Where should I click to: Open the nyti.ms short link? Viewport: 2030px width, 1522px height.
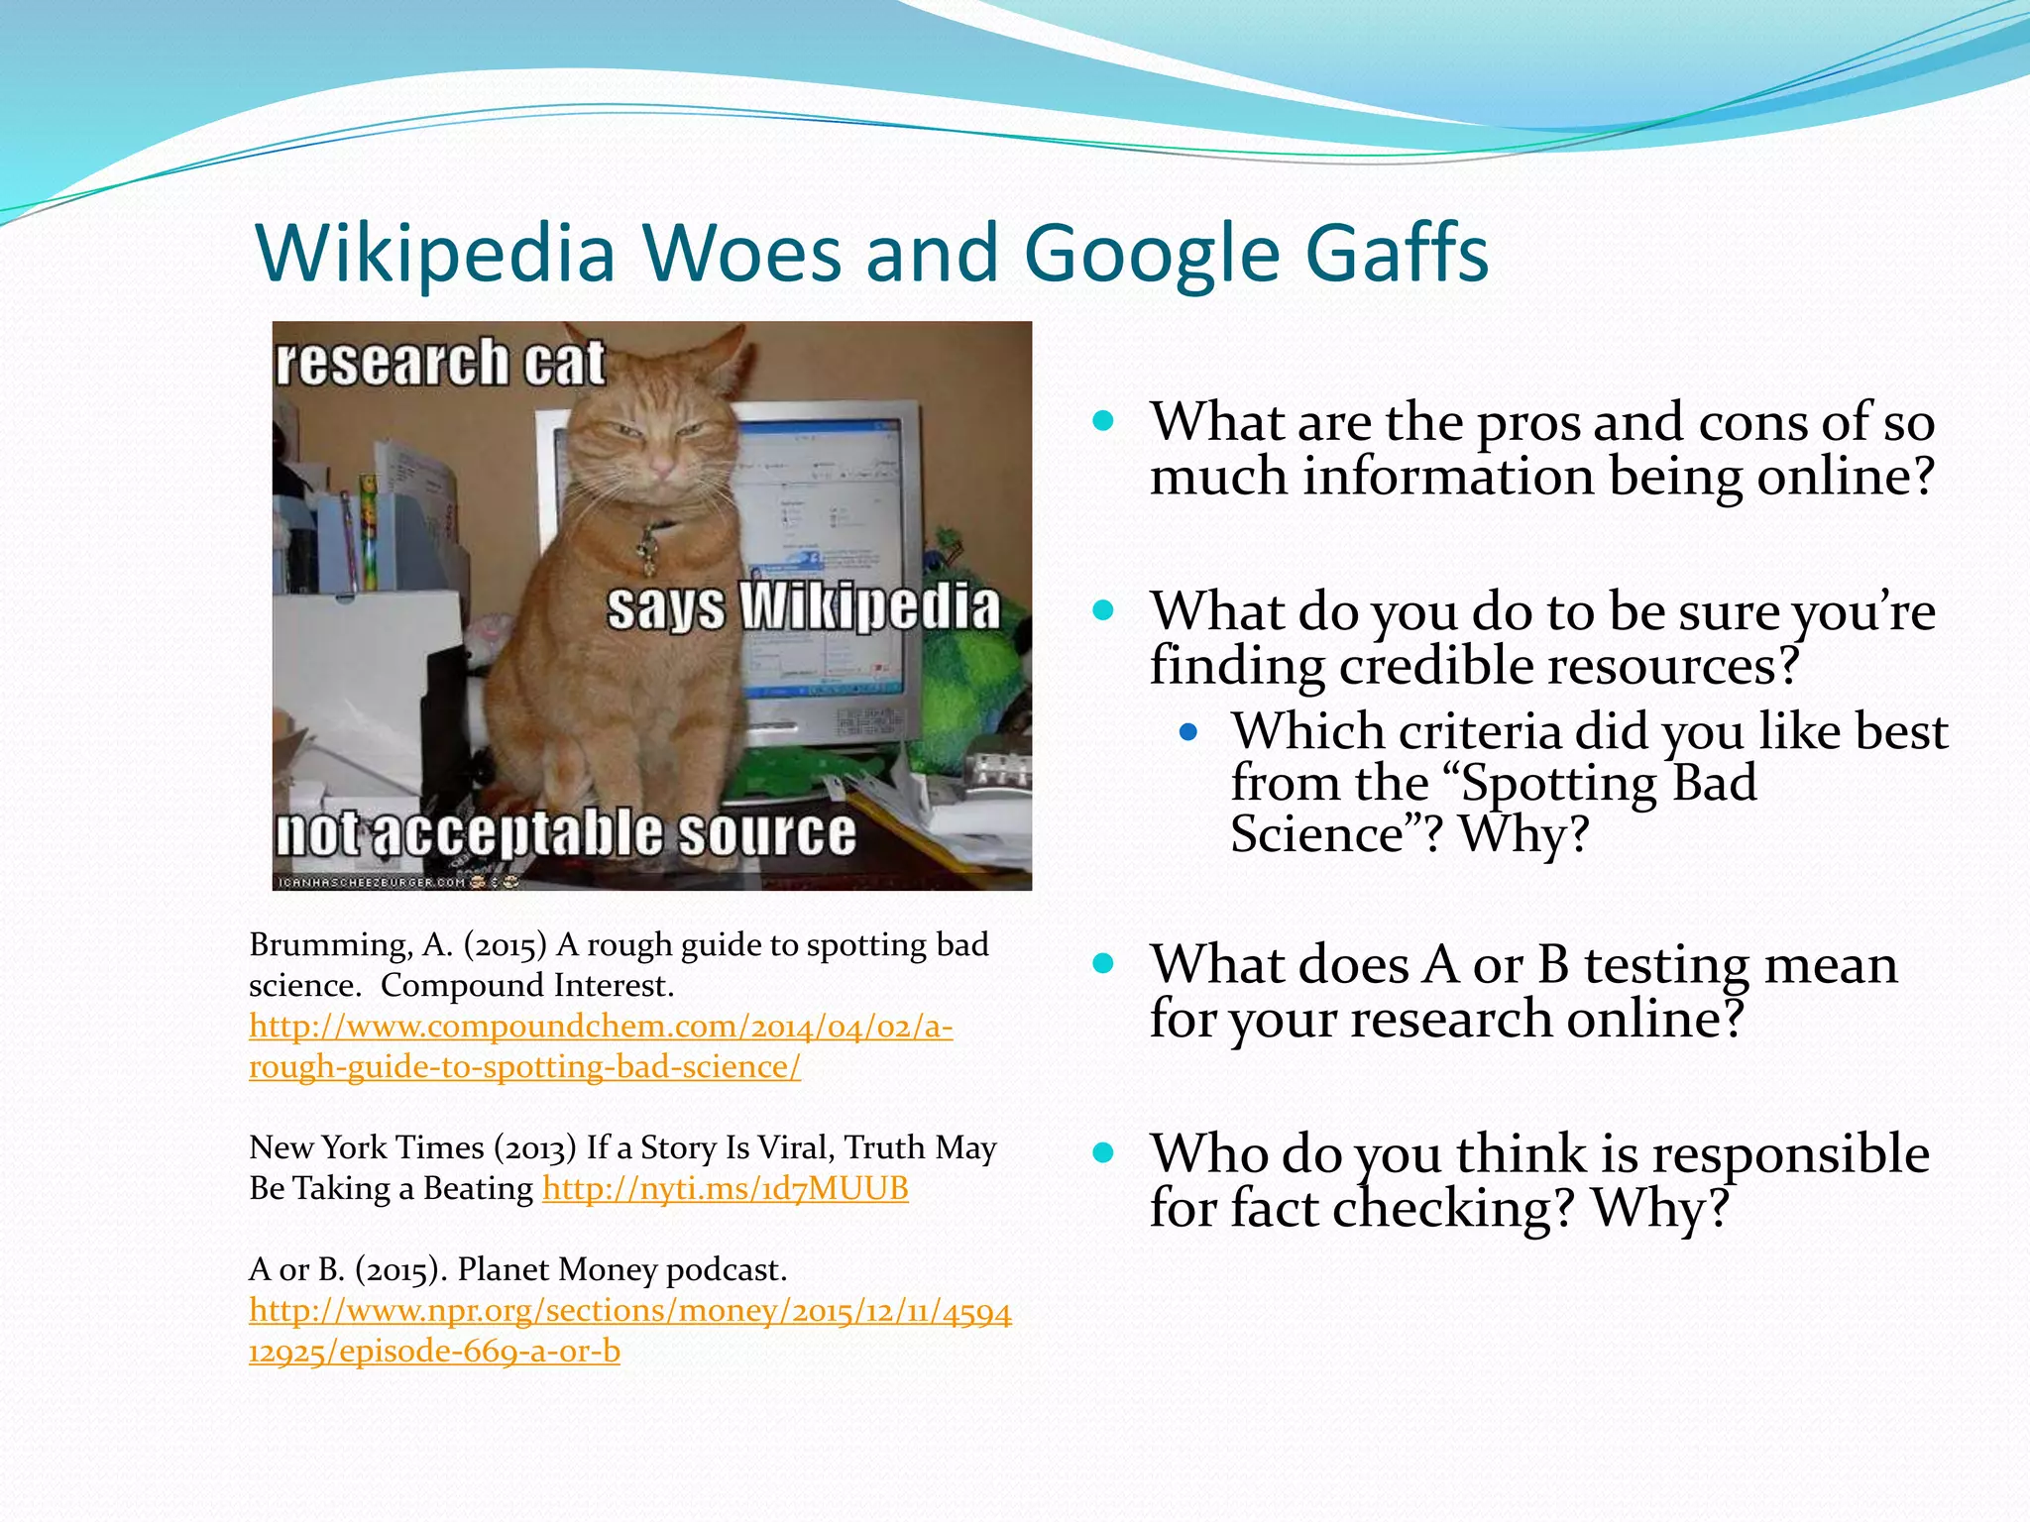725,1188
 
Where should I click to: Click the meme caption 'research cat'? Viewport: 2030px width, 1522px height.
439,363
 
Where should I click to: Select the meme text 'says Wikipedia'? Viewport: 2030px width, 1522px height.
803,606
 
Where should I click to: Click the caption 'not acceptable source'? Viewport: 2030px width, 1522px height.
565,832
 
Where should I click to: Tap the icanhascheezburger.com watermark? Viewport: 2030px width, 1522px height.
372,882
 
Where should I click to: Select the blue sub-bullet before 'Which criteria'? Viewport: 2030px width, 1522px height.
1188,733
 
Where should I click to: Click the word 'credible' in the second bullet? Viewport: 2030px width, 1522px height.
1434,666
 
